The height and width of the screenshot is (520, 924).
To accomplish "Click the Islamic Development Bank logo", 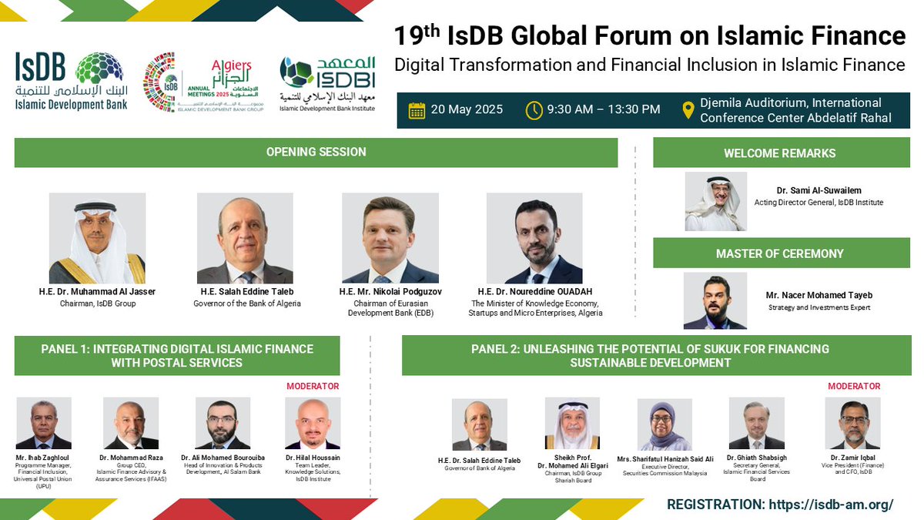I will point(71,81).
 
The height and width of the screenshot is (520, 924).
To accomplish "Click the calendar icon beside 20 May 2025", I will point(417,109).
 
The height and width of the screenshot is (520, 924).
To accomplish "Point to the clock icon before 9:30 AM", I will point(534,109).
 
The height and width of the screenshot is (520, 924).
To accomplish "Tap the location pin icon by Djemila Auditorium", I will point(688,110).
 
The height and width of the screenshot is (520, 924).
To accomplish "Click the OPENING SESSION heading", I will point(316,152).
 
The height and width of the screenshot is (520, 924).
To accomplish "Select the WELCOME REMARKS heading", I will point(781,153).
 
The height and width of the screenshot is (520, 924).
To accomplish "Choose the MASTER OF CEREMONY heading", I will point(781,253).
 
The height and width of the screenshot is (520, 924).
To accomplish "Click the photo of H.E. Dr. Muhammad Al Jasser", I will point(97,238).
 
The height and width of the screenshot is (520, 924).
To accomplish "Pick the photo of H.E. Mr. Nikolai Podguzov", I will point(390,238).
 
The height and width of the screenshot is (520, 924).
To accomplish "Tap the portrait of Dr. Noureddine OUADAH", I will point(534,238).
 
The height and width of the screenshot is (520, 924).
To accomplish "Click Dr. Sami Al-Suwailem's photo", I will point(715,202).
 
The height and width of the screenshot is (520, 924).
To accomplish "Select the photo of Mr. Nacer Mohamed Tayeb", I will point(715,300).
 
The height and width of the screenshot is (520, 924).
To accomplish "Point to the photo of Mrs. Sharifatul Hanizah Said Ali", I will point(665,424).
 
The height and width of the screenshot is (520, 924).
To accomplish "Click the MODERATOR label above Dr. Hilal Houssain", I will point(313,386).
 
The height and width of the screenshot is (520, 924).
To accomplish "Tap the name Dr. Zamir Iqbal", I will point(852,458).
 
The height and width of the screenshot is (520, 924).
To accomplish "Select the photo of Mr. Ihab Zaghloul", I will point(44,423).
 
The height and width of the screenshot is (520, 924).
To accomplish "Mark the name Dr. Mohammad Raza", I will point(130,458).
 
